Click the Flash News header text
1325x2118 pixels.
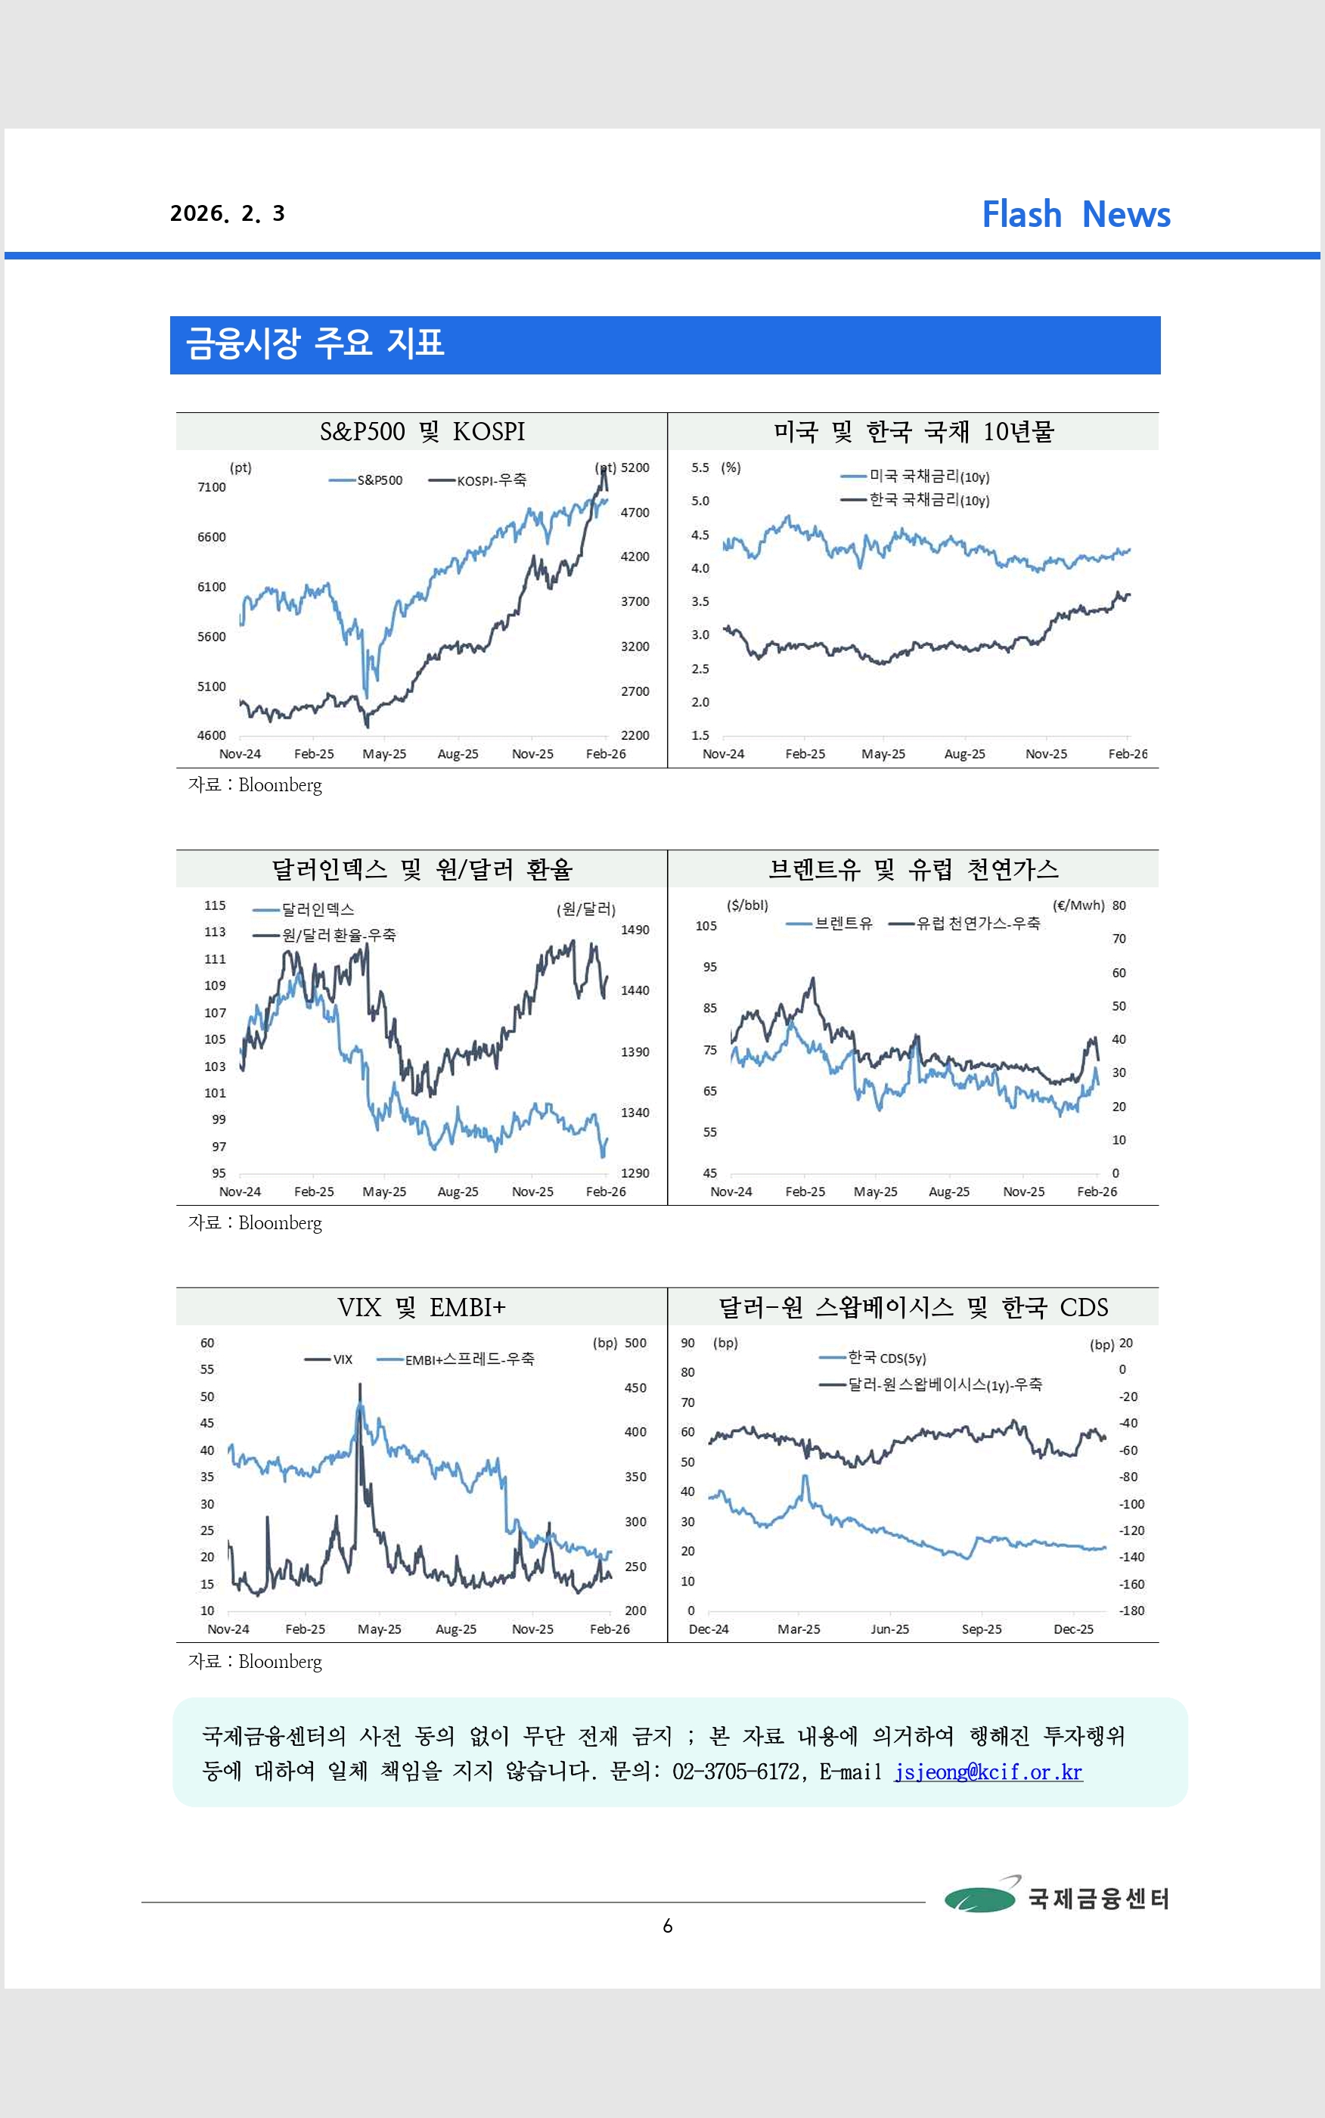1075,215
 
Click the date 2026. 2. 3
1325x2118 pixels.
228,214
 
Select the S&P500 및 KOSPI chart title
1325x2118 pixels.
421,432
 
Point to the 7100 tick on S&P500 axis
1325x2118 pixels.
211,487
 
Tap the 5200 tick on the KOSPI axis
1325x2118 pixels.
635,468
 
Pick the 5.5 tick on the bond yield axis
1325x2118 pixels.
700,468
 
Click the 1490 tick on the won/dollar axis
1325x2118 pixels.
635,930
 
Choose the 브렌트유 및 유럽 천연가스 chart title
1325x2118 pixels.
913,869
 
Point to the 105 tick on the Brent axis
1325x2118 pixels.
706,926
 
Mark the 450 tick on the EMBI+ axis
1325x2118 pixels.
635,1388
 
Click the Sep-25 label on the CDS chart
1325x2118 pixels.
982,1629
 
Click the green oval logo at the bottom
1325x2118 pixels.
979,1899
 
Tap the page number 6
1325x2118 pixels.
668,1926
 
